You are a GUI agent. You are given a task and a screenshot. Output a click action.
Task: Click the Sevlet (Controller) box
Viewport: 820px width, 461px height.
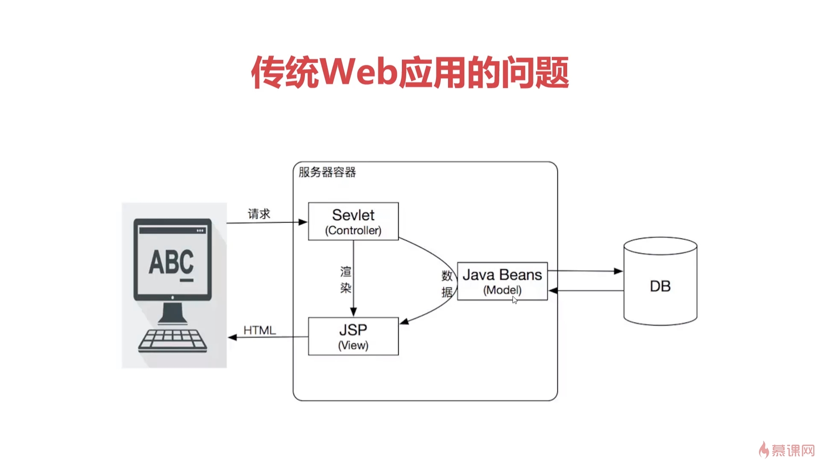(353, 222)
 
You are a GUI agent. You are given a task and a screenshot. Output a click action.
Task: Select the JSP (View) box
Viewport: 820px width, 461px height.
(353, 336)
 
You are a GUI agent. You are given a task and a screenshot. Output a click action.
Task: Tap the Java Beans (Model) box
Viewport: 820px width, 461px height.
(502, 281)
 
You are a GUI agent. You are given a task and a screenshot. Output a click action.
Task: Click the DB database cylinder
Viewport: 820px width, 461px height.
(660, 282)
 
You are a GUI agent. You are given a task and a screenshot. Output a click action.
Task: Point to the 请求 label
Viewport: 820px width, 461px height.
(259, 214)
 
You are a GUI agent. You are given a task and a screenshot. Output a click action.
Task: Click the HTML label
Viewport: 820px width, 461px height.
(260, 330)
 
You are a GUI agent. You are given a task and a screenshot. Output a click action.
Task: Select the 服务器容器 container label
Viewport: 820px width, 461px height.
(327, 172)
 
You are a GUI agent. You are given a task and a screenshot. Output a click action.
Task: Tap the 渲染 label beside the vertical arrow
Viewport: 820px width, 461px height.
(346, 280)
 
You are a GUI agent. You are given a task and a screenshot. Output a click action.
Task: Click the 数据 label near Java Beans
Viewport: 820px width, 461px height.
(447, 284)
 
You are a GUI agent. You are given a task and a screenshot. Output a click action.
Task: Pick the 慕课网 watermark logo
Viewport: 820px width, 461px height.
(787, 450)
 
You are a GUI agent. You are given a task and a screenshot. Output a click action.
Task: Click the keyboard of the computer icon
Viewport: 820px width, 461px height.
(173, 341)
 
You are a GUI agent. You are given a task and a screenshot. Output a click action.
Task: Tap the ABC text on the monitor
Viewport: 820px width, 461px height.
(171, 262)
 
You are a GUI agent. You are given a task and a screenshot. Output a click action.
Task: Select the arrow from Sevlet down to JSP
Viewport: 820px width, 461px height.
(354, 277)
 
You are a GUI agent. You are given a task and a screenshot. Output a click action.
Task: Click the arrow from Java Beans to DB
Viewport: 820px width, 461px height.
(585, 271)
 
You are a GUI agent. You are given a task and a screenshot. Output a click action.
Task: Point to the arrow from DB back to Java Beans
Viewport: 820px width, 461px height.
(585, 291)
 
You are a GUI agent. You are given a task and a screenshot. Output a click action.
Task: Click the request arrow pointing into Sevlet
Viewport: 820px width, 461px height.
(267, 222)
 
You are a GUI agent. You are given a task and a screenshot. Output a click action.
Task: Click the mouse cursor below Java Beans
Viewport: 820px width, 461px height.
(515, 300)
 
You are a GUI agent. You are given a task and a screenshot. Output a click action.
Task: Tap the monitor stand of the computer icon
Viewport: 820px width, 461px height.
(173, 314)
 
